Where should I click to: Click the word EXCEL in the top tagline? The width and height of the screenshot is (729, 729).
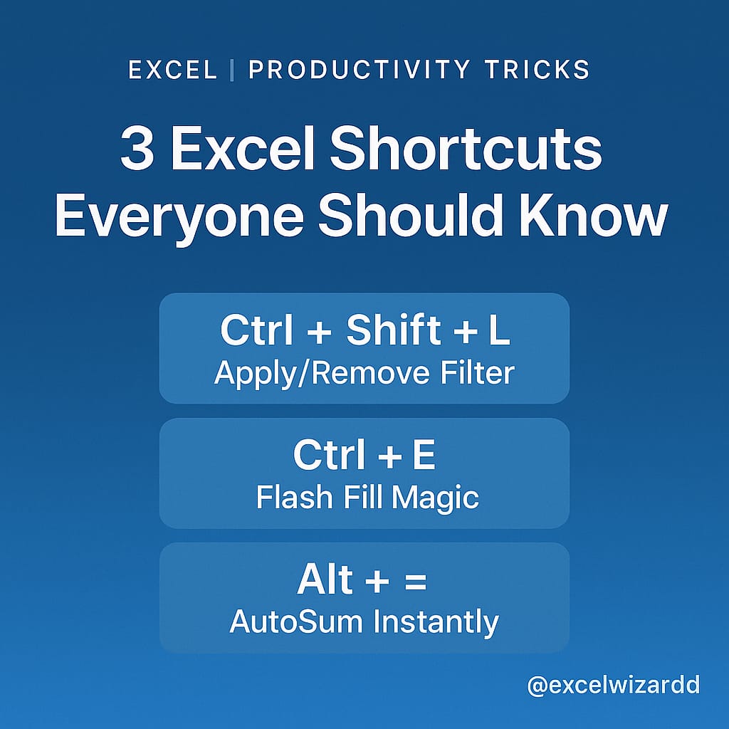pos(172,70)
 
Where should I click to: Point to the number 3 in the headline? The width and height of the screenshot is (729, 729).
pos(136,150)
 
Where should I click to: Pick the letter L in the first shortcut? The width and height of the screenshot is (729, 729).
pos(499,331)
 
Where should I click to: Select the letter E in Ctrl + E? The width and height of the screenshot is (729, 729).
pos(423,456)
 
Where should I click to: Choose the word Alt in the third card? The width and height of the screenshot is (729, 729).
pos(325,579)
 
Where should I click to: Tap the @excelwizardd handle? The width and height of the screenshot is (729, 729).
pos(613,685)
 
